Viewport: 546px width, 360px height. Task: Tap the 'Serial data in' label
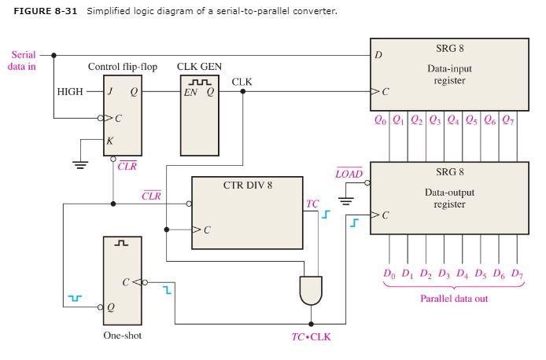[23, 61]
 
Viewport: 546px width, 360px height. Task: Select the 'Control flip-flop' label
[123, 67]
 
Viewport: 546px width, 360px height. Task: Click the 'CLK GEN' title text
[198, 67]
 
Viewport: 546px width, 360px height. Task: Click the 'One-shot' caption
[123, 336]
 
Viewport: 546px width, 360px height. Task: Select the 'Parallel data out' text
[453, 299]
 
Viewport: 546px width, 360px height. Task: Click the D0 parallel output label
[389, 274]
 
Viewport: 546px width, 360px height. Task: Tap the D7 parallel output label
[517, 274]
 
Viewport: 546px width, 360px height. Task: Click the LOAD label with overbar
[349, 173]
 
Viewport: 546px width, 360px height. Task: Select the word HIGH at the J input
[70, 91]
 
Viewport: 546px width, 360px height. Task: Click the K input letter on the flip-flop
[110, 141]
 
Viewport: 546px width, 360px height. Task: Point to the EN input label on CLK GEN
[190, 92]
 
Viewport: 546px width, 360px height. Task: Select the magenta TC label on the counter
[312, 204]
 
